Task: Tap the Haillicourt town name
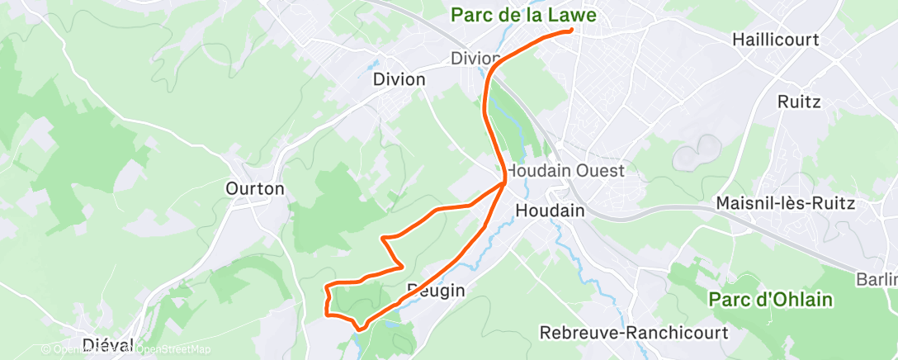775,40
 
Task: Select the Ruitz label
798,102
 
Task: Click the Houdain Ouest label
565,171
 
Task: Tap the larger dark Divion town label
399,80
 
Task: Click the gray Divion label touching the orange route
474,59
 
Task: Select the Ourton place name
254,189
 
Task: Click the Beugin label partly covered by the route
436,291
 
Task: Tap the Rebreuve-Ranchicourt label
634,334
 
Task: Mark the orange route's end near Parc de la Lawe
571,31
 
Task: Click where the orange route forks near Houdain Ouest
504,183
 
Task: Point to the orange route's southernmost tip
360,329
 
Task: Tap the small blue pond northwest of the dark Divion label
374,64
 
